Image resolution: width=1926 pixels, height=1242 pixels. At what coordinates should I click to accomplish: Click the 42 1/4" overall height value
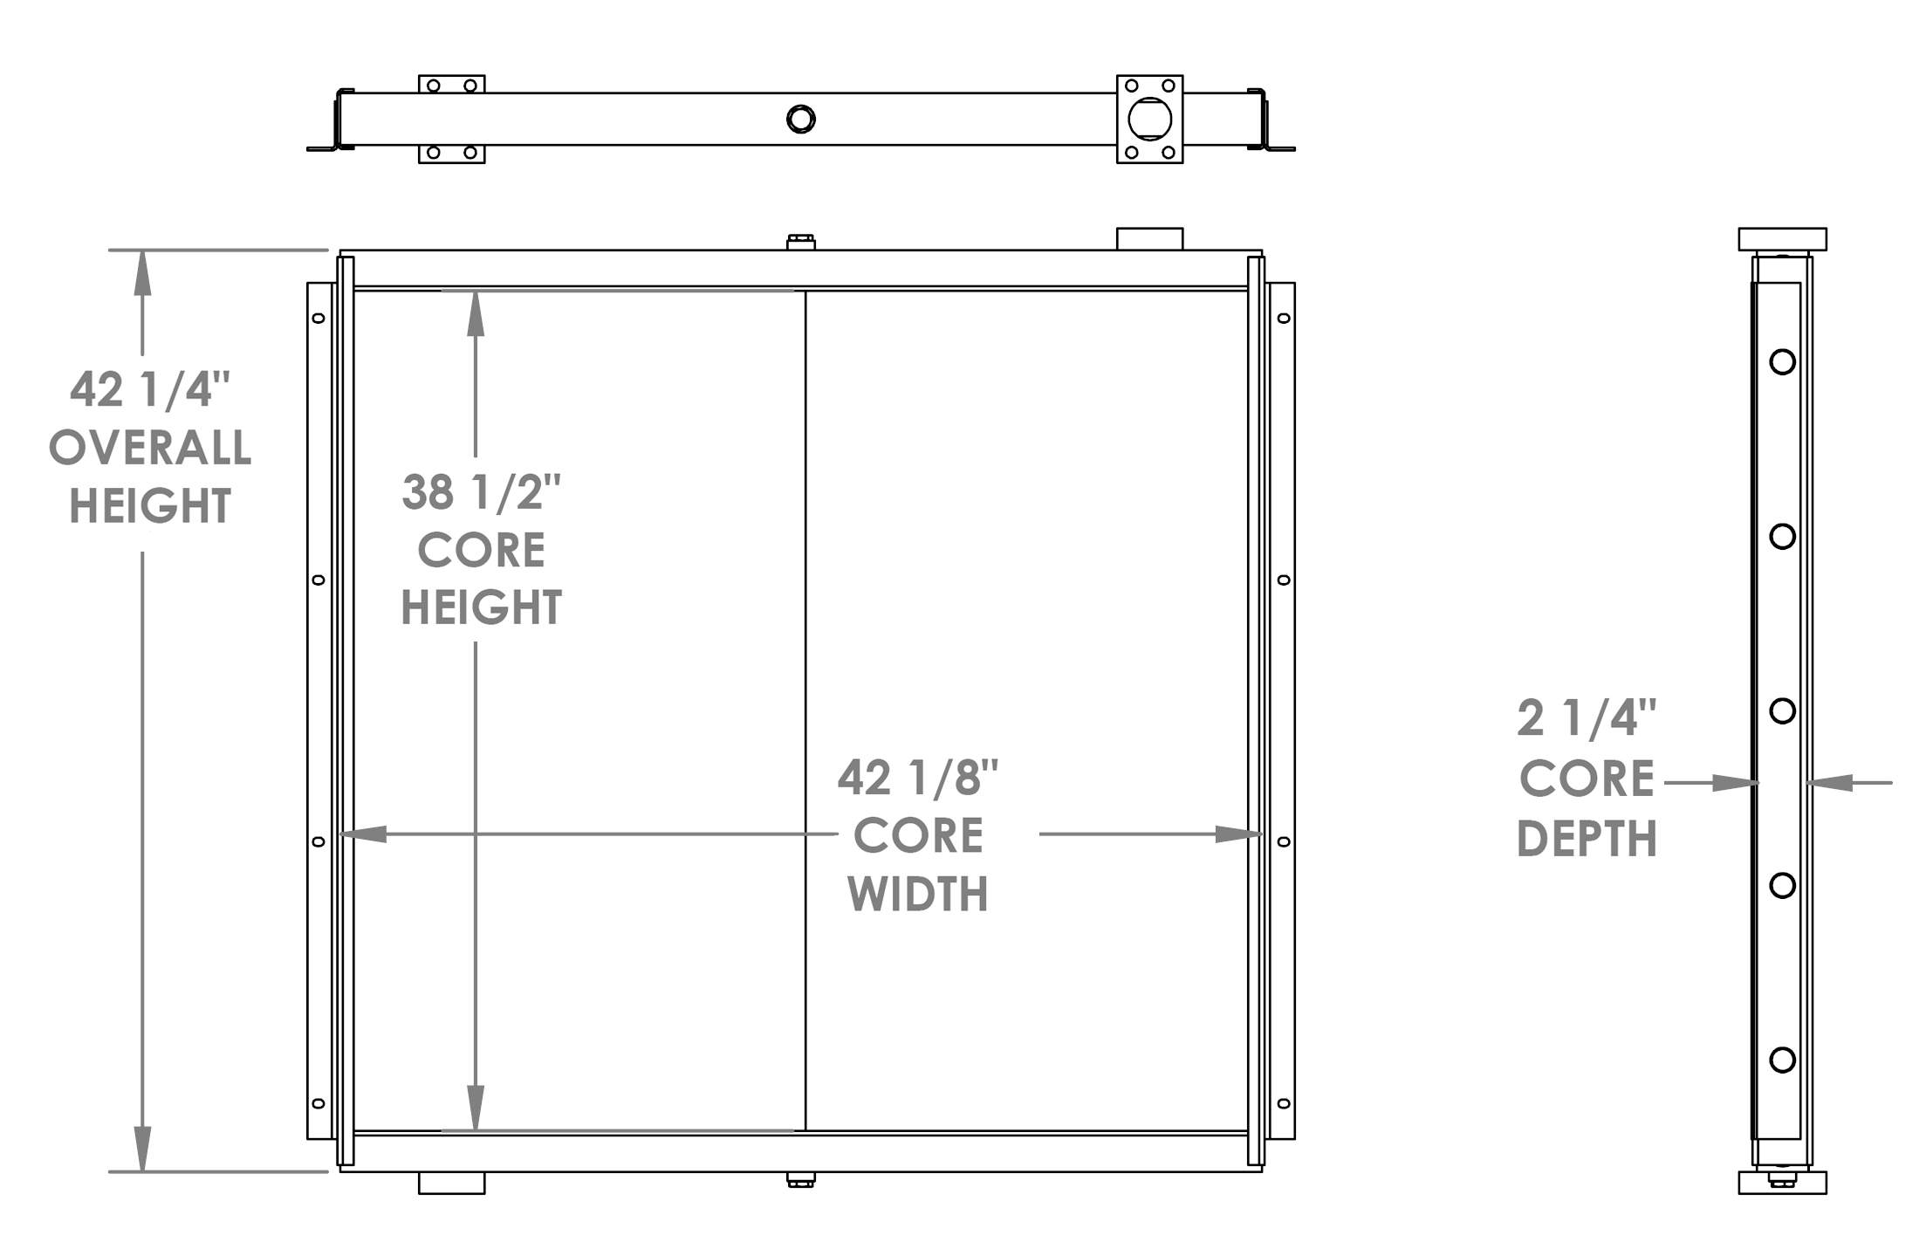(149, 389)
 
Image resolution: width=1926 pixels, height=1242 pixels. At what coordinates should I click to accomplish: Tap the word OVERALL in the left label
(149, 449)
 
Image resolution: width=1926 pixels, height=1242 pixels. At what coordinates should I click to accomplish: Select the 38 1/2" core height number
(481, 492)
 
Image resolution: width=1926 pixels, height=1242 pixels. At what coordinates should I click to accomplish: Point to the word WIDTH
(917, 895)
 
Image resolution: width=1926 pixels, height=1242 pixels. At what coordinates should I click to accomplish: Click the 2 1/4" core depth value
(1586, 718)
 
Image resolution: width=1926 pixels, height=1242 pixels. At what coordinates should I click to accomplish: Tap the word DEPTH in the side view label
(1586, 839)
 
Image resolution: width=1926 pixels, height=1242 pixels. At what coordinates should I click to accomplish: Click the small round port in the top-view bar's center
(800, 119)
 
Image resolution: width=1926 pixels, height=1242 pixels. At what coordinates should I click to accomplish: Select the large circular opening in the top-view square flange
(1149, 120)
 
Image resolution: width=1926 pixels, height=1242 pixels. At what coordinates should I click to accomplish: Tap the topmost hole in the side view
(1782, 361)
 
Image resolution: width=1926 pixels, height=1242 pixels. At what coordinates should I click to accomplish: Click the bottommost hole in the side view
(1782, 1060)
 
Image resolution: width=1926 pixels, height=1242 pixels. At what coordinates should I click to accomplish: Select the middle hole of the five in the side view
(1782, 710)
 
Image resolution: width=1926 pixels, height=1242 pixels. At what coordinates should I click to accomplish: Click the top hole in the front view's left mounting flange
(319, 318)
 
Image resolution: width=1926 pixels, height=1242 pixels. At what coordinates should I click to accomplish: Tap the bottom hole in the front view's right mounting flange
(1283, 1103)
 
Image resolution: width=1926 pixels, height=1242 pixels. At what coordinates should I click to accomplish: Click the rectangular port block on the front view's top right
(1149, 239)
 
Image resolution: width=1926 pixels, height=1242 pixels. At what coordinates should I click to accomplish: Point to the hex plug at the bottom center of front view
(800, 1180)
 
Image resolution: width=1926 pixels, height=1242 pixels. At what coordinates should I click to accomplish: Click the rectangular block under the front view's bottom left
(451, 1184)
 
